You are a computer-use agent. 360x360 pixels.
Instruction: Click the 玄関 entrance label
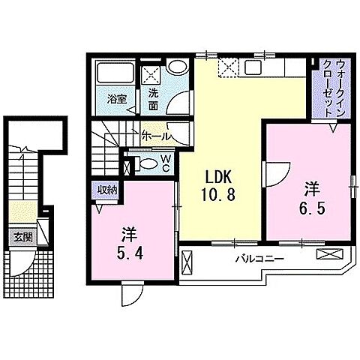tap(21, 237)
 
